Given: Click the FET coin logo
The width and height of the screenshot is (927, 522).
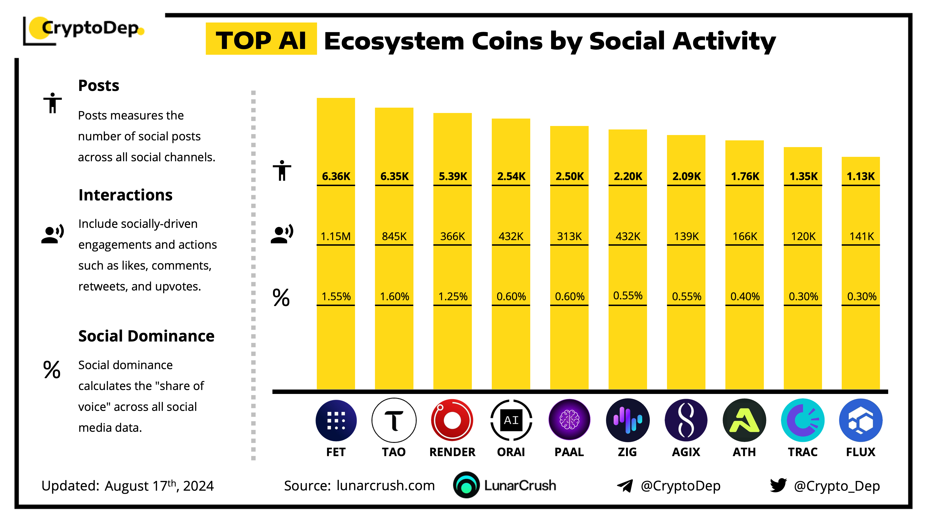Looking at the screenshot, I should [x=336, y=420].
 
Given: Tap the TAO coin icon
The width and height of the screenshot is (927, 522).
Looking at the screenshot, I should [x=394, y=420].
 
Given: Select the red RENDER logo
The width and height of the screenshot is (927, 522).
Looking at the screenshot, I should [x=452, y=420].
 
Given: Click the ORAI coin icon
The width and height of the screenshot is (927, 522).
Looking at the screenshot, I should [x=511, y=420].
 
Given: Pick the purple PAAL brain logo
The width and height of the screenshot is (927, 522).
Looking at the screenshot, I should [x=569, y=420].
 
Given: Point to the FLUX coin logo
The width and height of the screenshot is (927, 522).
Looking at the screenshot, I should [x=861, y=420].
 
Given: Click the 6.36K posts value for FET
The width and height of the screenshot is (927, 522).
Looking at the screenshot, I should [x=336, y=176].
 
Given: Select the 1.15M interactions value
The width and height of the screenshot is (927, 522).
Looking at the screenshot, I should [x=336, y=236].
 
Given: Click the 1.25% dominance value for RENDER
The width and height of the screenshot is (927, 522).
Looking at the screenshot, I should [x=453, y=296].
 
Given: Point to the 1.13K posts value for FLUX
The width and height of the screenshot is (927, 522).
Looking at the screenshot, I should [x=861, y=176].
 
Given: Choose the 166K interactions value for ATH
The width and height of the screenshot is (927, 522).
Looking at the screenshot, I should [x=745, y=236].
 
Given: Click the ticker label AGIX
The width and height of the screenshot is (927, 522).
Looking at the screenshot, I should [x=686, y=452].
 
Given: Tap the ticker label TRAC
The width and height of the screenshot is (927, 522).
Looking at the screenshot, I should [x=803, y=452].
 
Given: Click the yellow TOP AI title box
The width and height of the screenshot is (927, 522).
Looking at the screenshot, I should [x=261, y=39].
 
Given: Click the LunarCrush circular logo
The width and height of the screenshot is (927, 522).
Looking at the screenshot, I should [x=466, y=485].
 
